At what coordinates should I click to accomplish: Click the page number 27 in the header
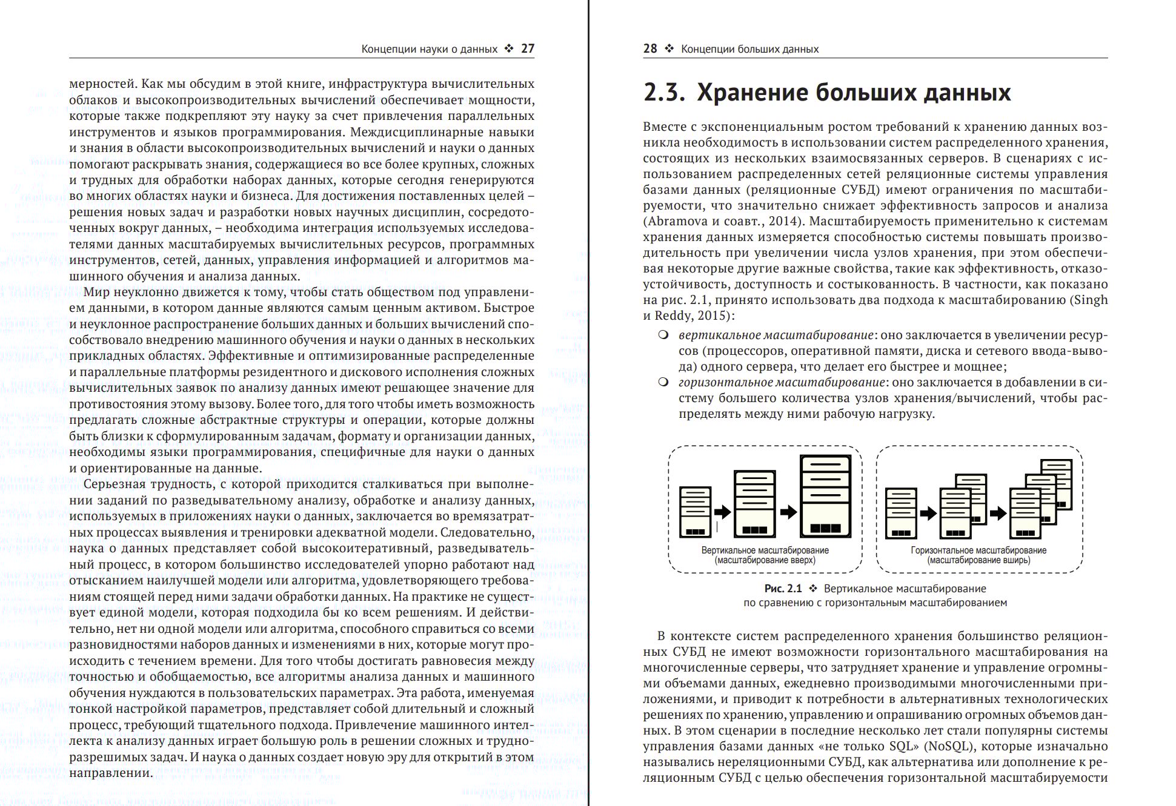(x=528, y=49)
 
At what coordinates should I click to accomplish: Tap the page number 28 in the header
(x=650, y=49)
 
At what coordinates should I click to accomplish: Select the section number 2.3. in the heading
(x=664, y=93)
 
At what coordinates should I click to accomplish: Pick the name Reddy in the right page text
(x=675, y=316)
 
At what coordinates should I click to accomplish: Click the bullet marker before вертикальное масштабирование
(x=663, y=335)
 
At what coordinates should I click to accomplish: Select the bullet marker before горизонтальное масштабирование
(x=663, y=382)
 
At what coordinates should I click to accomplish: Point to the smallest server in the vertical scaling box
(x=695, y=512)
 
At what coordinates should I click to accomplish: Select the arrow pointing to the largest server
(x=788, y=512)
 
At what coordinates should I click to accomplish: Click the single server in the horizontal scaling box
(x=901, y=514)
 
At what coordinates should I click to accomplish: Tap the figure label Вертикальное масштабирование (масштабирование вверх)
(x=765, y=555)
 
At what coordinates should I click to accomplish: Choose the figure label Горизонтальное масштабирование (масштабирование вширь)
(x=978, y=555)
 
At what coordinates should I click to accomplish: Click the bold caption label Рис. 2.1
(x=783, y=589)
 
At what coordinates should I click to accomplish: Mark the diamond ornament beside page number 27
(x=509, y=49)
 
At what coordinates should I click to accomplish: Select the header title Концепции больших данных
(x=749, y=49)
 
